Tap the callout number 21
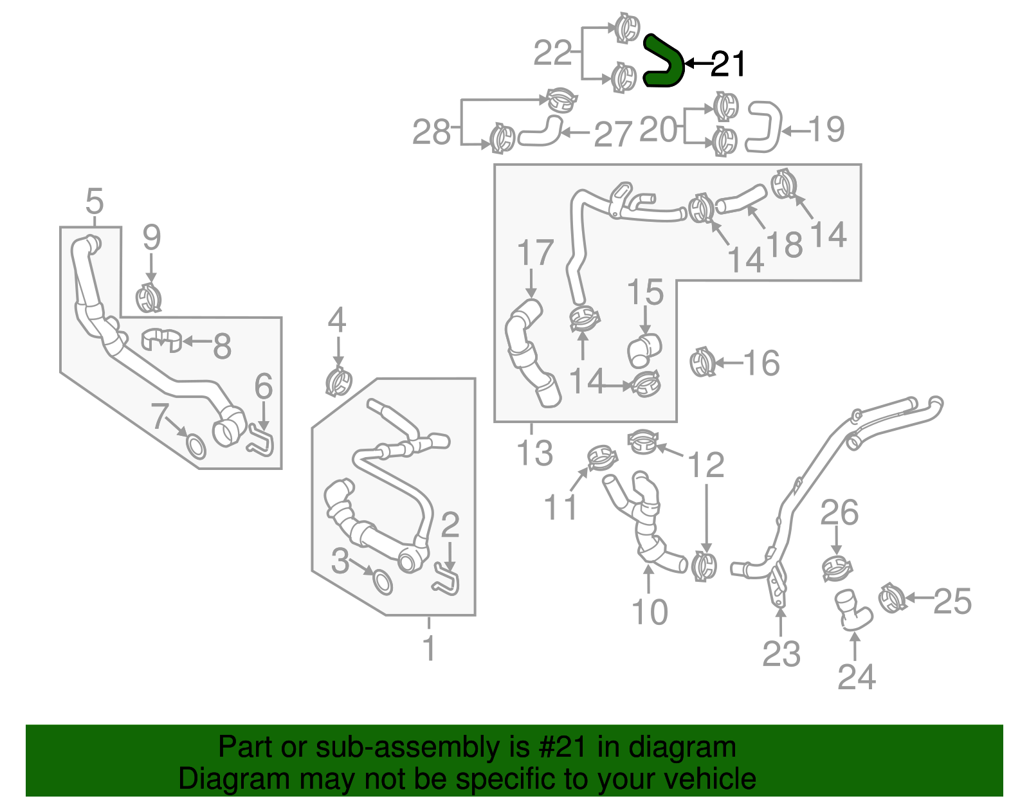coord(727,64)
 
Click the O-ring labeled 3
coord(382,581)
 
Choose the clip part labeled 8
coord(161,339)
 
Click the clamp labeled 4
coord(339,383)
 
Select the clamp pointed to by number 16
coord(702,363)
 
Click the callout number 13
coord(534,453)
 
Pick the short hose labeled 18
coord(742,199)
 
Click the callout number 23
coord(781,654)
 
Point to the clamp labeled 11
coord(603,457)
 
